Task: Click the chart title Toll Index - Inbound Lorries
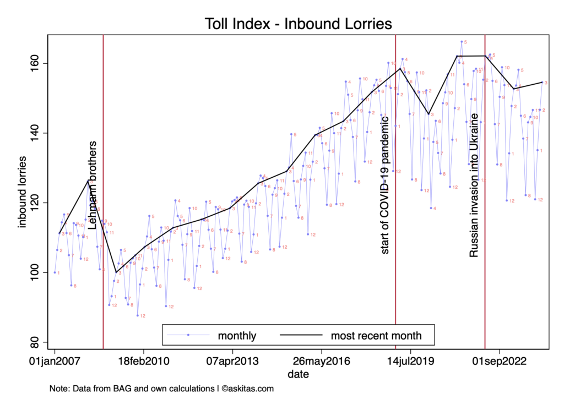tap(298, 24)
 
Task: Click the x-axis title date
tap(298, 374)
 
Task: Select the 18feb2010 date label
tap(144, 362)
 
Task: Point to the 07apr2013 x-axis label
tap(232, 362)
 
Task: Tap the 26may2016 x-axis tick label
tap(322, 362)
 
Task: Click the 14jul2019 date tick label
tap(410, 362)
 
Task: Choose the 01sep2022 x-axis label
tap(500, 362)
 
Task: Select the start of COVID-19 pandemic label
tap(385, 185)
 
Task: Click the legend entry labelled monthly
tap(237, 335)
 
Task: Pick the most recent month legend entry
tap(376, 335)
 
